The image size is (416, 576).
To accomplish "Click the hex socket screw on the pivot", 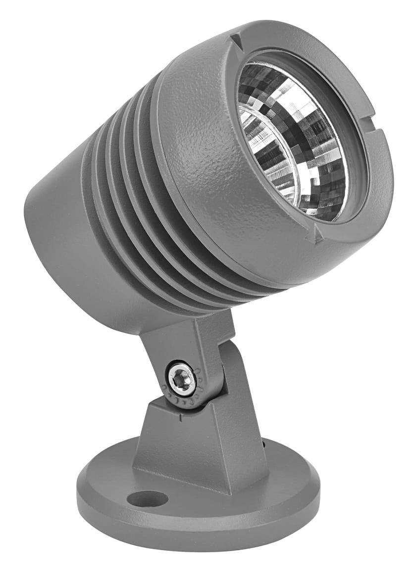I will (180, 379).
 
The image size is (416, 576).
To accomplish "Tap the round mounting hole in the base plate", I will (147, 499).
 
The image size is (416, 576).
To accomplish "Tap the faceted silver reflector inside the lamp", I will (317, 148).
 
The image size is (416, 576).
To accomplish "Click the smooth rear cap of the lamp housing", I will (54, 237).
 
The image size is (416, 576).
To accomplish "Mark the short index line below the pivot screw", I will (181, 418).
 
